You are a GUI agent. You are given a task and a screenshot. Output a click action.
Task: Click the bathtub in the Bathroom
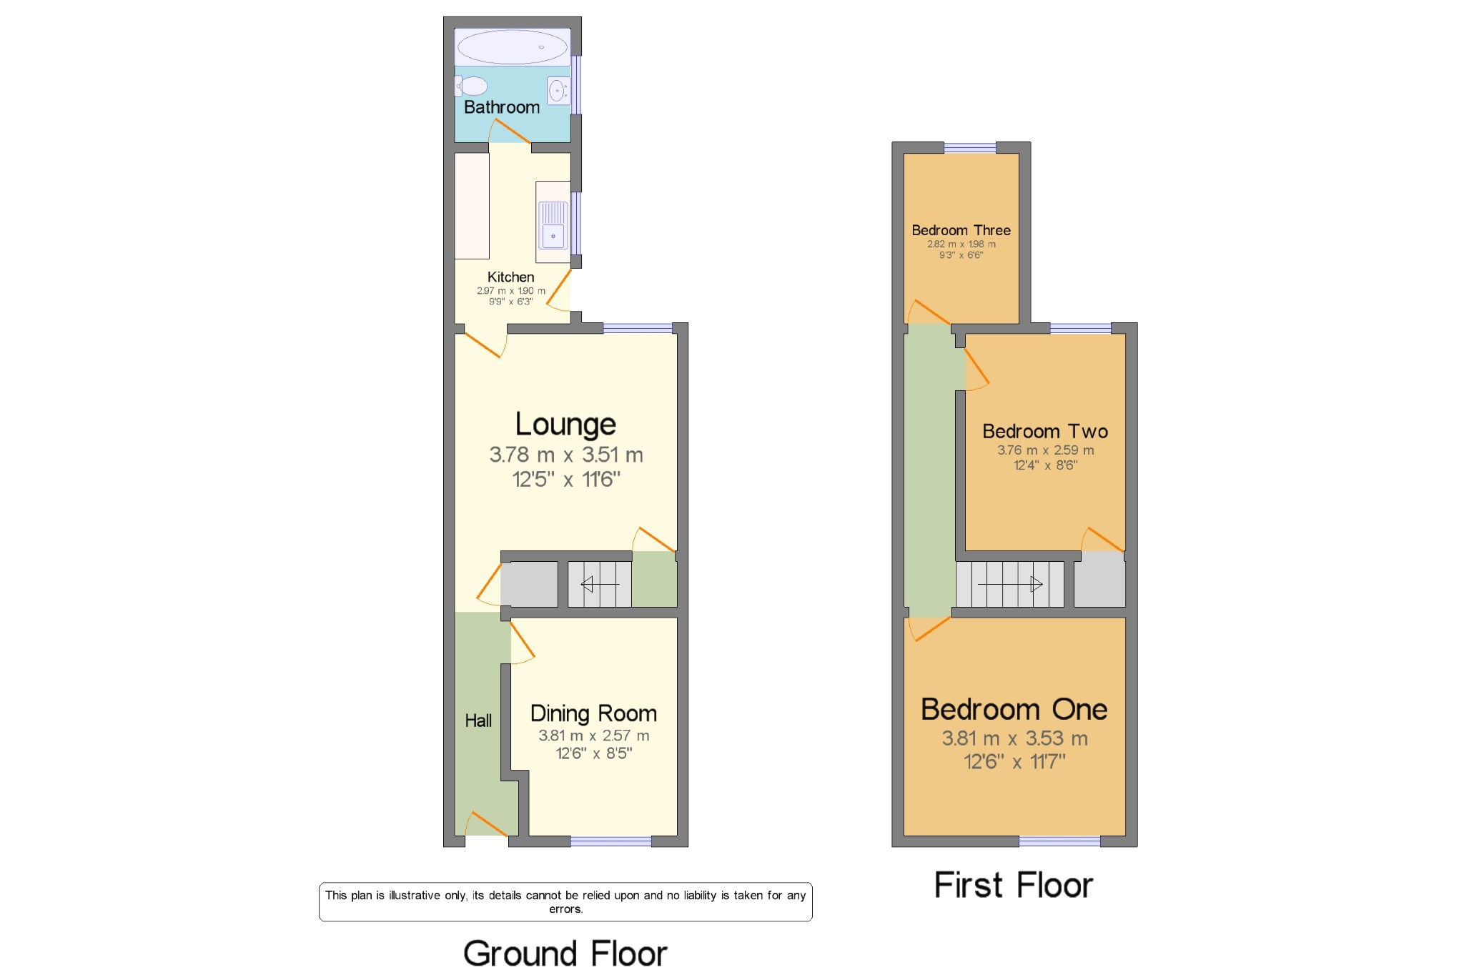tap(513, 47)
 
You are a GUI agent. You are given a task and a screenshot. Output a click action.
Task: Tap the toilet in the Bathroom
tap(471, 86)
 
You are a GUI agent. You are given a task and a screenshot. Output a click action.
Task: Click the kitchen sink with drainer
tap(553, 222)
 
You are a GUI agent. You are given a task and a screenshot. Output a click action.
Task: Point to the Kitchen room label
tap(510, 277)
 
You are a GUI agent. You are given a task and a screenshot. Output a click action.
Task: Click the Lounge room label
tap(565, 424)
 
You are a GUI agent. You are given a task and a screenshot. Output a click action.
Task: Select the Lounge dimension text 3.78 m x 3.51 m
tap(566, 455)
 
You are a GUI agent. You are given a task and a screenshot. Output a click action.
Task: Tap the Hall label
tap(478, 721)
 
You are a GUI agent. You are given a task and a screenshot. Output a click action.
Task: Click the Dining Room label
tap(593, 713)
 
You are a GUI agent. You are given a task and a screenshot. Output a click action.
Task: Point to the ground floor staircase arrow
tap(600, 585)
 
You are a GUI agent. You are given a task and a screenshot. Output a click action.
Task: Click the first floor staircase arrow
tap(1010, 585)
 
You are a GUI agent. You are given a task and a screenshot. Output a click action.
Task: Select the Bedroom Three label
tap(961, 230)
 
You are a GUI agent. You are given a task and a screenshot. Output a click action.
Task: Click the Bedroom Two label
tap(1045, 431)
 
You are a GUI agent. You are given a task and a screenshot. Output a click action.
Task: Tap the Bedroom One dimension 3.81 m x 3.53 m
tap(1014, 738)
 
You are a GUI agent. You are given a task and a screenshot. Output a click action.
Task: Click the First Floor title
tap(1014, 885)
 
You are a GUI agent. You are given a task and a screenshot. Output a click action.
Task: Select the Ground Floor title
tap(565, 954)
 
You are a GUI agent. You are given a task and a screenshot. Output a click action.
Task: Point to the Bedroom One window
tap(1059, 841)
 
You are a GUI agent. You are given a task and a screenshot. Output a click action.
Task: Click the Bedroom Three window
tap(970, 148)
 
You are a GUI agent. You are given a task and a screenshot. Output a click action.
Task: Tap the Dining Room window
tap(611, 841)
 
